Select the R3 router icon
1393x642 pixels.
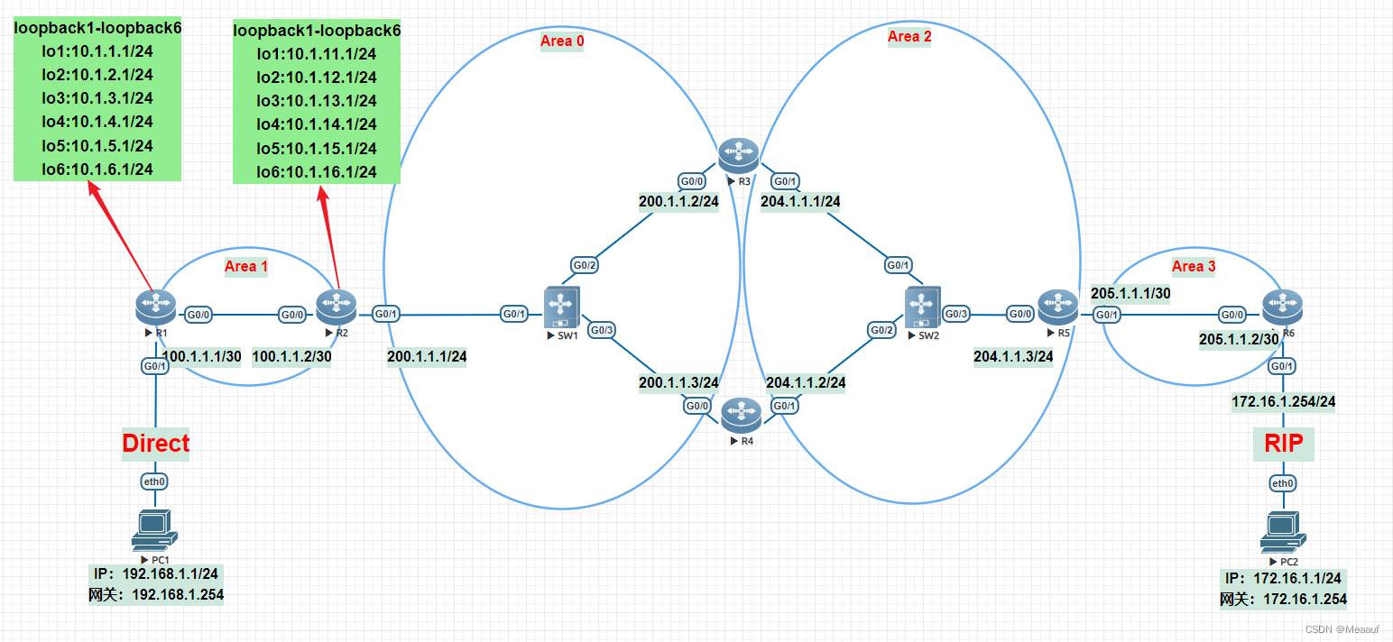pos(738,155)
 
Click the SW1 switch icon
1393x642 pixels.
pos(561,307)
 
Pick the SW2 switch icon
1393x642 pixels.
pos(922,307)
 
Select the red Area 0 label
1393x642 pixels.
pos(561,41)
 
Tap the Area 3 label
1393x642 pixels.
pos(1194,266)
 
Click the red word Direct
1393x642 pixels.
pos(156,443)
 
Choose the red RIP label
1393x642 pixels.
pos(1283,443)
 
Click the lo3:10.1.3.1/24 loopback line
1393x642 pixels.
pos(97,98)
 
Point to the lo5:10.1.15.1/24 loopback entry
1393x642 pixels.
pos(317,148)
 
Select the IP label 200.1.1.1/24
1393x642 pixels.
pos(427,357)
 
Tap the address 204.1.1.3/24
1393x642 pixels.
pos(1013,356)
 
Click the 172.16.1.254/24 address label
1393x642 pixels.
pos(1283,402)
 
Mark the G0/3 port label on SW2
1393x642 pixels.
pos(956,314)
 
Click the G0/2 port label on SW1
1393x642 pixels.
pos(584,265)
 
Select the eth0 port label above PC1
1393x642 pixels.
pos(154,481)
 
